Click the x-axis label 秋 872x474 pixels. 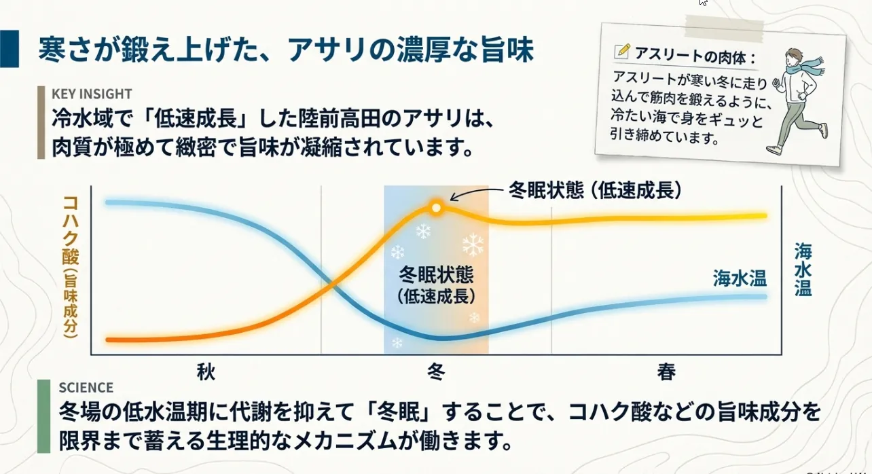pyautogui.click(x=206, y=371)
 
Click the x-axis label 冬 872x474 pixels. pyautogui.click(x=436, y=371)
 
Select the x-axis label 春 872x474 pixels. pyautogui.click(x=666, y=371)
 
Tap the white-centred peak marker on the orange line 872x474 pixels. pyautogui.click(x=437, y=208)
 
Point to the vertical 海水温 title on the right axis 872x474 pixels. pyautogui.click(x=803, y=270)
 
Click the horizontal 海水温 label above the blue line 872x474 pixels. pyautogui.click(x=740, y=278)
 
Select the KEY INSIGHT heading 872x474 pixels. pyautogui.click(x=92, y=94)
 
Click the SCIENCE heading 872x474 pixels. pyautogui.click(x=86, y=388)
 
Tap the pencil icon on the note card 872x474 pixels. pyautogui.click(x=621, y=52)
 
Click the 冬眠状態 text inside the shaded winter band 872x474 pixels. pyautogui.click(x=436, y=275)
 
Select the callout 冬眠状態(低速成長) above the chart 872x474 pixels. pyautogui.click(x=595, y=190)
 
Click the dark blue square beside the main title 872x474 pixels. pyautogui.click(x=10, y=49)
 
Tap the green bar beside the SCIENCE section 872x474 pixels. pyautogui.click(x=43, y=416)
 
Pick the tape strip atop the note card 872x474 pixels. pyautogui.click(x=724, y=28)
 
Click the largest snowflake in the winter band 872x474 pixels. pyautogui.click(x=473, y=244)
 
